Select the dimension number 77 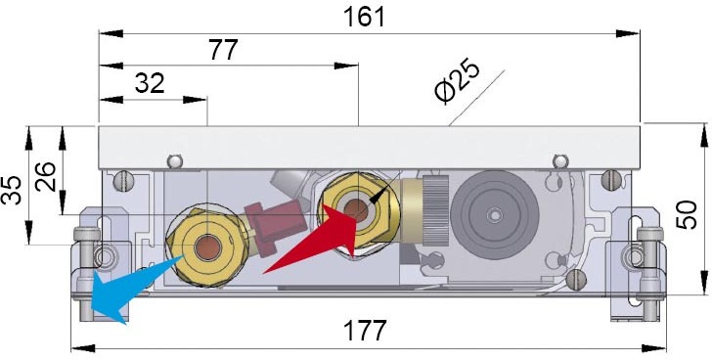click(x=224, y=50)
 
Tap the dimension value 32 click(x=149, y=83)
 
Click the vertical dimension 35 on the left click(x=13, y=190)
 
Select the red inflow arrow click(x=308, y=245)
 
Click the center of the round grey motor click(x=497, y=212)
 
